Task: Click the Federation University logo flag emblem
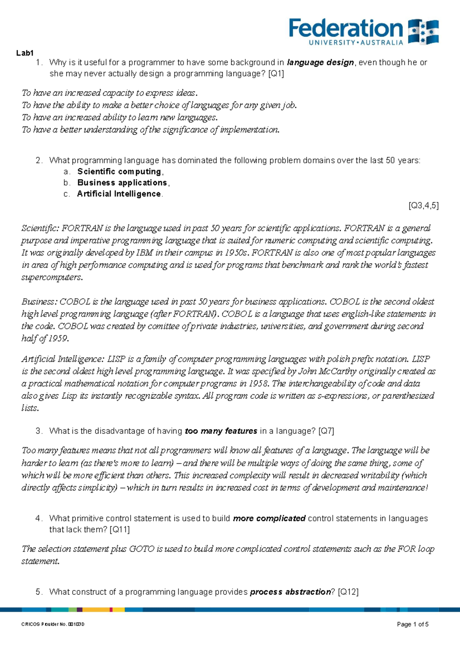[423, 32]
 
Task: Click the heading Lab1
[25, 53]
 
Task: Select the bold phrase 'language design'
[320, 62]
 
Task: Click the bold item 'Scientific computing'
[119, 171]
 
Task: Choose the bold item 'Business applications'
[122, 182]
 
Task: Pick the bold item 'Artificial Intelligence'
[119, 194]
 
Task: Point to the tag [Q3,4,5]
[424, 205]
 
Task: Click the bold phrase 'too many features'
[221, 431]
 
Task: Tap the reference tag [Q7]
[326, 431]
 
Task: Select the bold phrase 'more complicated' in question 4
[269, 519]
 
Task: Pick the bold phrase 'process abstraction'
[290, 592]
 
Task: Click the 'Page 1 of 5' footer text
[413, 624]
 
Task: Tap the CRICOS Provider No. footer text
[53, 624]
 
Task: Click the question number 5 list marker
[38, 592]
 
